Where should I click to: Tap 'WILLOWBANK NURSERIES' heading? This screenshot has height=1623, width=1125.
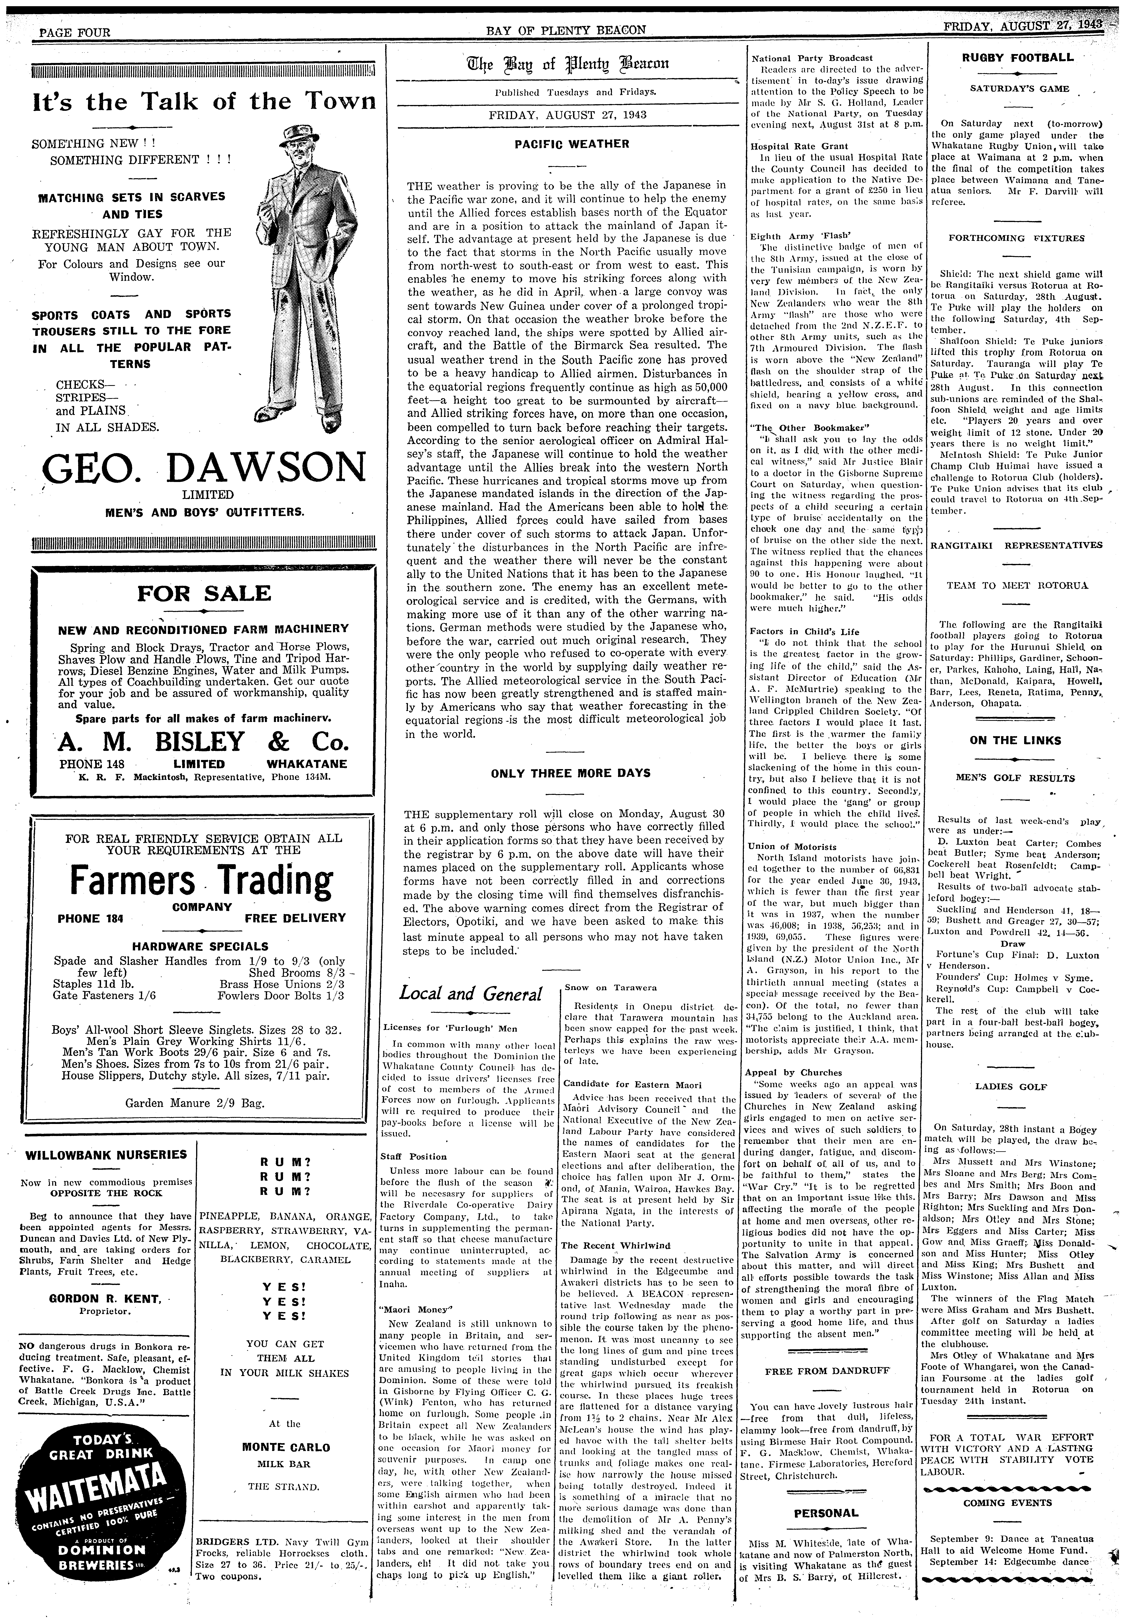click(106, 1155)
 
